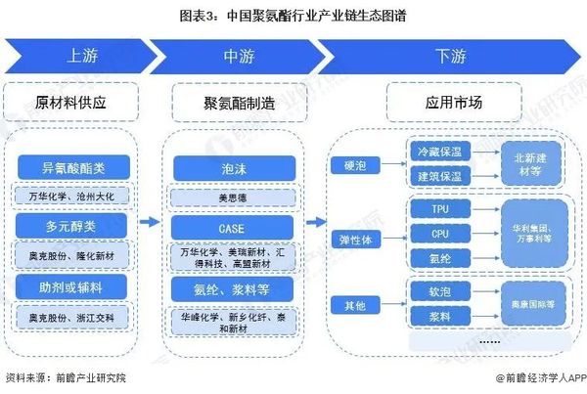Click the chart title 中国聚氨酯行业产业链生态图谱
(293, 16)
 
